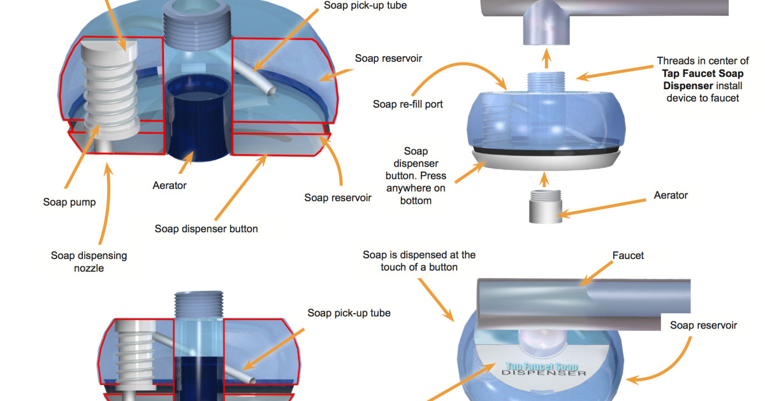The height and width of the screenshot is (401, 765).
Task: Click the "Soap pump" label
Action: coord(69,202)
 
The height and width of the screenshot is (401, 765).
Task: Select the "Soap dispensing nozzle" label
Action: coord(89,262)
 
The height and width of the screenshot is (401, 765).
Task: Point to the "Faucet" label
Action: coord(628,255)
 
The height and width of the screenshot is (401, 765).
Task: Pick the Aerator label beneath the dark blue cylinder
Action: coord(170,185)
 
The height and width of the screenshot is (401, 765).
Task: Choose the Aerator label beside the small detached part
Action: coord(671,195)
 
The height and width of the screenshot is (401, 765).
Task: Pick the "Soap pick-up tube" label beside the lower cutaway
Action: coord(349,313)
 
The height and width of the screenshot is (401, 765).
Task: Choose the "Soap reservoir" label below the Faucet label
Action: coord(703,325)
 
